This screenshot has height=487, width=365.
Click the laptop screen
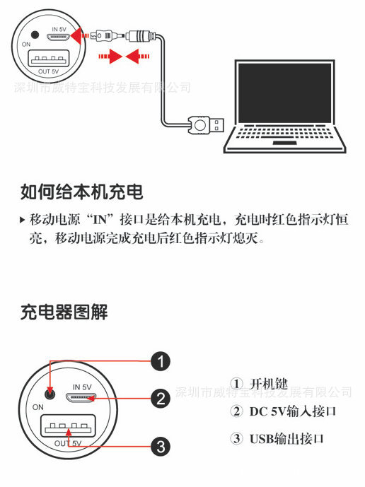[285, 93]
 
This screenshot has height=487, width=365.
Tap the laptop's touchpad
[285, 143]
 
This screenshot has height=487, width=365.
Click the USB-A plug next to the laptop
[206, 125]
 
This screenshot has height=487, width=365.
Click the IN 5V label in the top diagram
[59, 29]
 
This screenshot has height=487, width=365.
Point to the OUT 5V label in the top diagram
[49, 71]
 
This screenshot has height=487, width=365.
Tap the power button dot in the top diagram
[35, 35]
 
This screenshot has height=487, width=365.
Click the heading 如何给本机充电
[82, 192]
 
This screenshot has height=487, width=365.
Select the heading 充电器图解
[64, 312]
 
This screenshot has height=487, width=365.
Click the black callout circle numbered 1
[161, 361]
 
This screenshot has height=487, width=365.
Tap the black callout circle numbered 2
[161, 399]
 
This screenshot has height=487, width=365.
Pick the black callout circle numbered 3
[161, 447]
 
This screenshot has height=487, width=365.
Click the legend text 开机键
[269, 384]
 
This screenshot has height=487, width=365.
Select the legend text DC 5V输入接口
[293, 411]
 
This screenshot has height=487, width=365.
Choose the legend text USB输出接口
[286, 439]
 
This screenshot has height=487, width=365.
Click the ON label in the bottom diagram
[38, 407]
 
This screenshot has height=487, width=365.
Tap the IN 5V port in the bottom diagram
[81, 397]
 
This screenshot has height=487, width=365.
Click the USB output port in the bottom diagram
[68, 426]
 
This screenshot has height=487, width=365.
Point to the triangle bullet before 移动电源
[22, 221]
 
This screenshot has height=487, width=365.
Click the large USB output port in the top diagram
[49, 59]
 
